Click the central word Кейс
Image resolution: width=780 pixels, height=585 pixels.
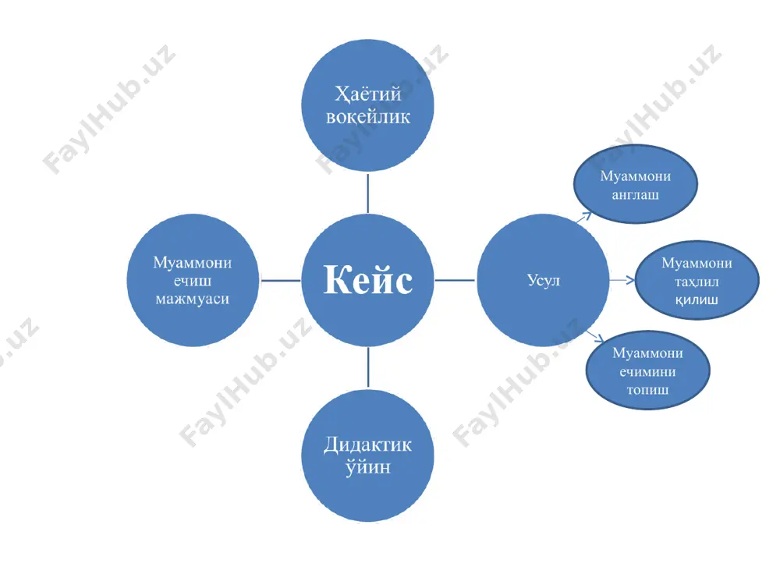[368, 279]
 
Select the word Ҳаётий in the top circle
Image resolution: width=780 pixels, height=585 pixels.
[368, 94]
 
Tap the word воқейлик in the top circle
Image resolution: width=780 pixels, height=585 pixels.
[368, 118]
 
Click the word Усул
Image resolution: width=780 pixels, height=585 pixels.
[543, 281]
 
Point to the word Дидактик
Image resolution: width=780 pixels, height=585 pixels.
[367, 445]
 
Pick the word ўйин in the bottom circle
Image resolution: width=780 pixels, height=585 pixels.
[368, 467]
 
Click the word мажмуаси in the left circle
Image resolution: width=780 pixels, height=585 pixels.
[193, 299]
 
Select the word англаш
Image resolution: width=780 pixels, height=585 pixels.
[635, 194]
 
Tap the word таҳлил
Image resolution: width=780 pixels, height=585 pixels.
[697, 282]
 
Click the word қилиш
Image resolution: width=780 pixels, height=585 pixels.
[697, 300]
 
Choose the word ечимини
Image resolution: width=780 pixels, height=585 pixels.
[647, 371]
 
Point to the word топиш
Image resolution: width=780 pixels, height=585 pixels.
[647, 389]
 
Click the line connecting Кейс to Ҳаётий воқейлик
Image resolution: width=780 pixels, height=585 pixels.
[367, 193]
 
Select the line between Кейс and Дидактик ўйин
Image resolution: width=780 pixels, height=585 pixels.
[368, 367]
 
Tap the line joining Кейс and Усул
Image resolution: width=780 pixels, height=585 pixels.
[455, 280]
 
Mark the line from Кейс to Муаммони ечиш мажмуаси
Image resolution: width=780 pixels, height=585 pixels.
[281, 280]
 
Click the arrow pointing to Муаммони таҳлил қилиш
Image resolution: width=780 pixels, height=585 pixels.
[622, 280]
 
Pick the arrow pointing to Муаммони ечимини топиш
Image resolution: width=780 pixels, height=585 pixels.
[595, 336]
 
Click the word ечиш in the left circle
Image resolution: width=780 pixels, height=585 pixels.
[193, 281]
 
